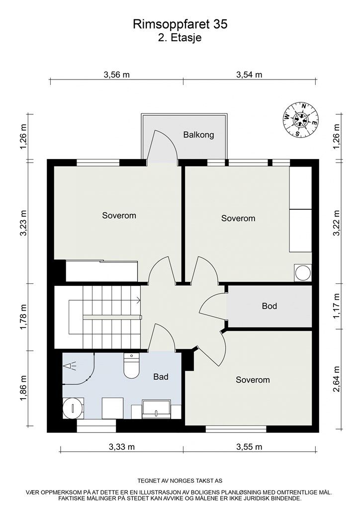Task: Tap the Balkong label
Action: (x=198, y=135)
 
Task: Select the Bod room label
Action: (x=269, y=306)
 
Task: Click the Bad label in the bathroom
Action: (x=161, y=377)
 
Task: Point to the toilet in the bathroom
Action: (x=132, y=367)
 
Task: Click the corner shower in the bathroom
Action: (x=77, y=368)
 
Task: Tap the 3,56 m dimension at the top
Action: (x=116, y=75)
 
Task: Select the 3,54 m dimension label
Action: (x=249, y=75)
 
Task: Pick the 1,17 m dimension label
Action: (x=337, y=306)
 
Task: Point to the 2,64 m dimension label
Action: (x=337, y=379)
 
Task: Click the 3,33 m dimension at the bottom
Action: (x=122, y=447)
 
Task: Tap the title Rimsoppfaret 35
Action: (x=180, y=24)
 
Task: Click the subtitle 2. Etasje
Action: (x=180, y=37)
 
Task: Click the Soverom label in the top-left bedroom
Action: (x=119, y=216)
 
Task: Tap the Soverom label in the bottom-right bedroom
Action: (x=253, y=380)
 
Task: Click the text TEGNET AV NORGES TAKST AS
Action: (x=180, y=481)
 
